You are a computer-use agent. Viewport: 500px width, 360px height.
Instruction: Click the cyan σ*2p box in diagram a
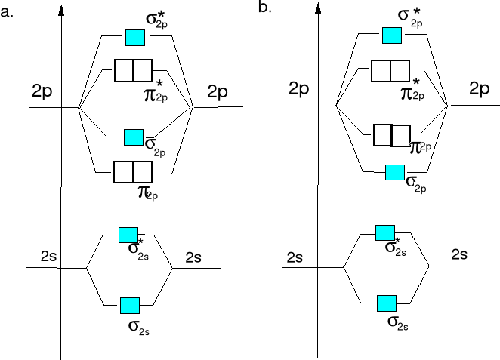134,36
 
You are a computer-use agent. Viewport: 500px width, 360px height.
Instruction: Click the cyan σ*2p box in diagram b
391,35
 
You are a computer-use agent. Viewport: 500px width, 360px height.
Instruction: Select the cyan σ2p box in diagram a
134,137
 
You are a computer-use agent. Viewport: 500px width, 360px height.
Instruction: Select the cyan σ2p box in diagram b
395,171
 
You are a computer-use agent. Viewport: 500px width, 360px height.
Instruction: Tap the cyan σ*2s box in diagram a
128,235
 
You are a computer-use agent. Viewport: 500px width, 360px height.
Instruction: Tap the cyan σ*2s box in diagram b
385,232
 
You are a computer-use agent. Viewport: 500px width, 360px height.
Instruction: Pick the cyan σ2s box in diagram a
130,305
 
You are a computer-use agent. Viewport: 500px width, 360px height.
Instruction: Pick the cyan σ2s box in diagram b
387,303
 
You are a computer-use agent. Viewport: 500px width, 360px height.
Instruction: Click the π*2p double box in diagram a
133,70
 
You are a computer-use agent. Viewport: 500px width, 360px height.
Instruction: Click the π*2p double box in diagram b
391,70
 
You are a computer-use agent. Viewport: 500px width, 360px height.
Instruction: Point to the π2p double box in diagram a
133,172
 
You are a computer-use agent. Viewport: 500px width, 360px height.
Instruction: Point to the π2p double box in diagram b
392,135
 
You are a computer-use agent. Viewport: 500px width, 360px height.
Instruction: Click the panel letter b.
265,8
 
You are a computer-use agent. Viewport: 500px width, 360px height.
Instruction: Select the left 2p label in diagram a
42,92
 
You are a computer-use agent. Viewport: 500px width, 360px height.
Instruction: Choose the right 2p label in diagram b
479,88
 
